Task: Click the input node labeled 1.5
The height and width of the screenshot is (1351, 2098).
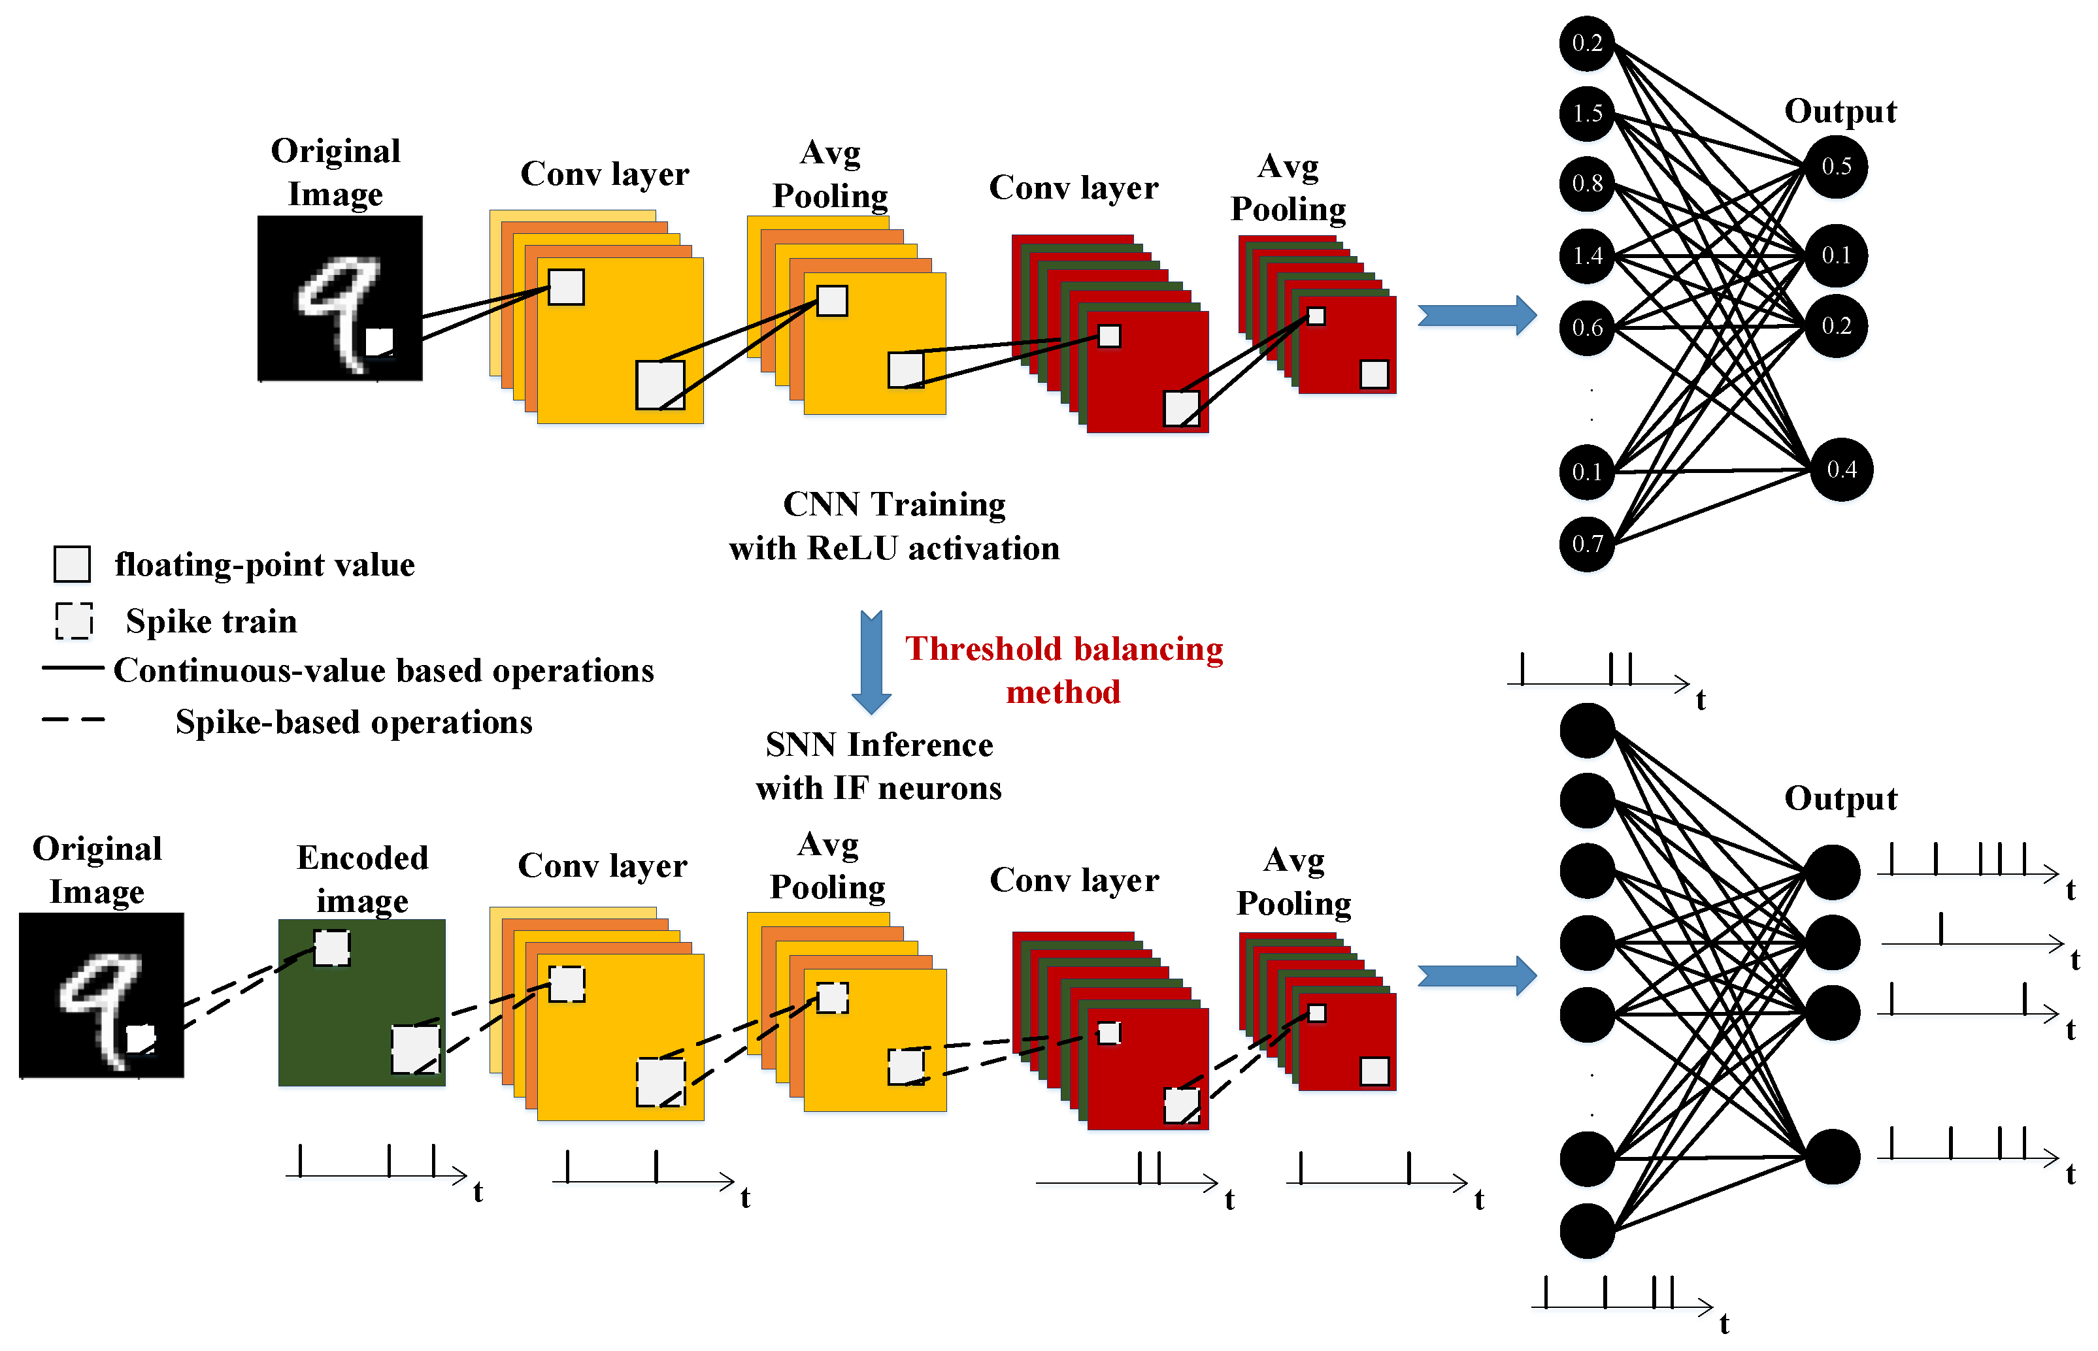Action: coord(1586,113)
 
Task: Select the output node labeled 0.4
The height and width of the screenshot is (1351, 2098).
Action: coord(1841,469)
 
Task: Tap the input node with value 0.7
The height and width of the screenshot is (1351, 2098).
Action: coord(1586,544)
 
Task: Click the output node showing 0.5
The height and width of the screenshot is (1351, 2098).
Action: coord(1836,166)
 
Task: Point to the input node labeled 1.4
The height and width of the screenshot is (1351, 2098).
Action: coord(1586,255)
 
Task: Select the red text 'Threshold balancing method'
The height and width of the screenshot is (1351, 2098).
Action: coord(1063,670)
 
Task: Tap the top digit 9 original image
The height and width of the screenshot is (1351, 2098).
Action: coord(340,299)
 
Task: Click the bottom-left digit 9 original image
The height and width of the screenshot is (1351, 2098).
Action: coord(101,995)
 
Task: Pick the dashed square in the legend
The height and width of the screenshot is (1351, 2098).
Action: coord(74,620)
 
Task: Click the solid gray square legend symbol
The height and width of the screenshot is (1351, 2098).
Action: coord(72,564)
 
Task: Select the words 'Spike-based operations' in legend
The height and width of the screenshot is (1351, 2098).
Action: coord(354,722)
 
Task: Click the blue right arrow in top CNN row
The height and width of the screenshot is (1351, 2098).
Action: coord(1476,315)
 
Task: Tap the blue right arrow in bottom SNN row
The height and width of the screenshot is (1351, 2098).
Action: coord(1476,975)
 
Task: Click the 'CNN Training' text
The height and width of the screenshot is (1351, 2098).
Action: coord(893,504)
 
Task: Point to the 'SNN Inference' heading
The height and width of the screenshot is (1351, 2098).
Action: coord(879,745)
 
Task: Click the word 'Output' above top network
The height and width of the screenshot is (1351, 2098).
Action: coord(1840,112)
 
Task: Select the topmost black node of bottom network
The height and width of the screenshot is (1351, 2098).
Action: coord(1586,730)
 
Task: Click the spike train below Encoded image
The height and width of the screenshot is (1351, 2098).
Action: coord(376,1164)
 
